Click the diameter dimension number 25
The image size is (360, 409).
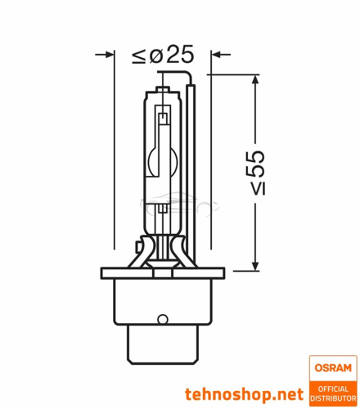pos(180,54)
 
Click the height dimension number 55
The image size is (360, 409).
pos(256,164)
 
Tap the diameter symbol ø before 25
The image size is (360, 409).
pos(156,56)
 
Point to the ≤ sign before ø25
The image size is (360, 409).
pos(139,56)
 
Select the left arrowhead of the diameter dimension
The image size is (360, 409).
pos(109,55)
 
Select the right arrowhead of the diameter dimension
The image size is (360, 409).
pos(217,55)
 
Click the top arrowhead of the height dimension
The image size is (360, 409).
pos(255,80)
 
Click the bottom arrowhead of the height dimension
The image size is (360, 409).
pos(255,265)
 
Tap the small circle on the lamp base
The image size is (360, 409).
pos(163,318)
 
